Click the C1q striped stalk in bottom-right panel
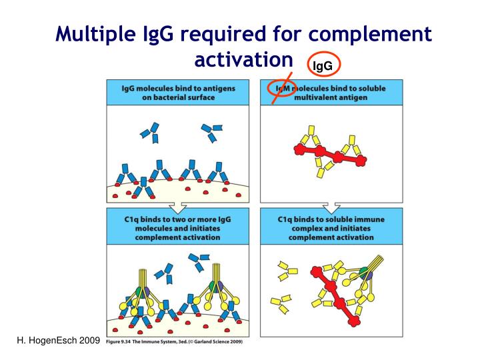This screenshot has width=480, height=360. tap(375, 263)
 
